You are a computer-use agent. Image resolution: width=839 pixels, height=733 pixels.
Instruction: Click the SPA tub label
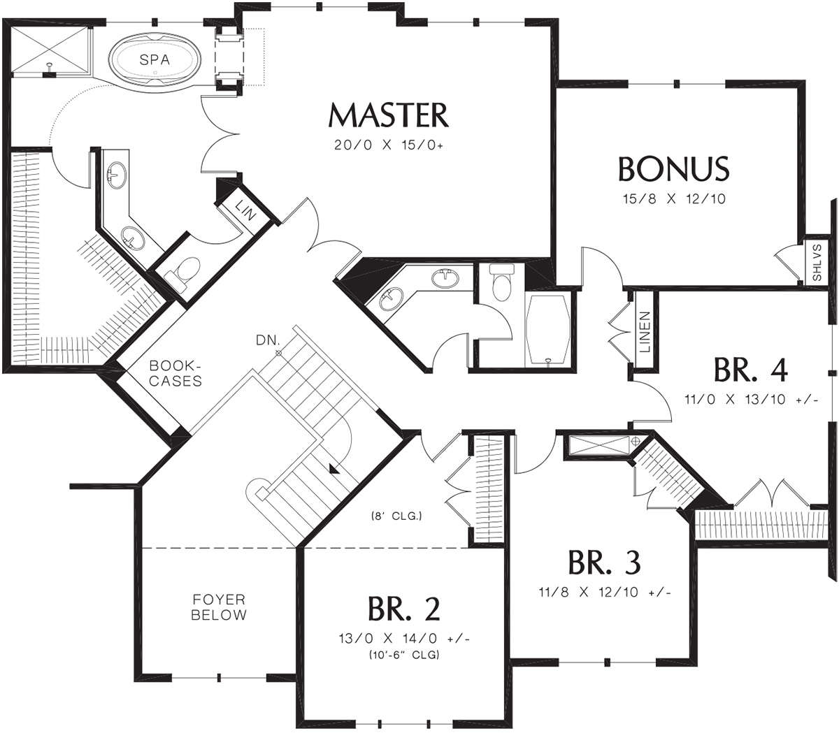point(155,60)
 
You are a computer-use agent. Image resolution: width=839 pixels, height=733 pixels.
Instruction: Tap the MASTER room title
point(388,115)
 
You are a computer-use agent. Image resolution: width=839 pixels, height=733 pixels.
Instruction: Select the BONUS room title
point(674,168)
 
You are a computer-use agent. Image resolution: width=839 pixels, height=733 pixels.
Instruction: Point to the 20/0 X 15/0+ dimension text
point(388,145)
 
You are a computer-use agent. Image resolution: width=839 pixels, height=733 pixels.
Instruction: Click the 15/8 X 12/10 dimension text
point(675,199)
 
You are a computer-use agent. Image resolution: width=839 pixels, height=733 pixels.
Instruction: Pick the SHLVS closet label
point(817,262)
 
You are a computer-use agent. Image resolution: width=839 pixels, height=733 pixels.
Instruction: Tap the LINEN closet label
point(645,333)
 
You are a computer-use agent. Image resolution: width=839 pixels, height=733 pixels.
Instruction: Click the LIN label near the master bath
point(246,210)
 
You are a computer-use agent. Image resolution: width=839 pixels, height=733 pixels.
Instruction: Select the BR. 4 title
point(750,370)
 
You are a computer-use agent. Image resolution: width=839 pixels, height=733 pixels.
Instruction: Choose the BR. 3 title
point(604,563)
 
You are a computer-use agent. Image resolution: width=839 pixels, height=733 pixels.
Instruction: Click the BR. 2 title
point(404,609)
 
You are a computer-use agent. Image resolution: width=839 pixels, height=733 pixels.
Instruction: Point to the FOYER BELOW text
point(219,607)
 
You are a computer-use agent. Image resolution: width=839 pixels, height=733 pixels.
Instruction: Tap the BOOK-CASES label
point(175,373)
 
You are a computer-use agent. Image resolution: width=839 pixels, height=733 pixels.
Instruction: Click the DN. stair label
point(268,340)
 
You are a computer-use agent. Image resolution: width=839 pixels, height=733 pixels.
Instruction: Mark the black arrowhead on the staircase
point(335,471)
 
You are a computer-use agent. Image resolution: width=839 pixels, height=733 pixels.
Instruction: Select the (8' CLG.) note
point(396,516)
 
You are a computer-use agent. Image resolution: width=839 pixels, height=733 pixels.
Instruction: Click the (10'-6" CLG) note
point(404,655)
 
